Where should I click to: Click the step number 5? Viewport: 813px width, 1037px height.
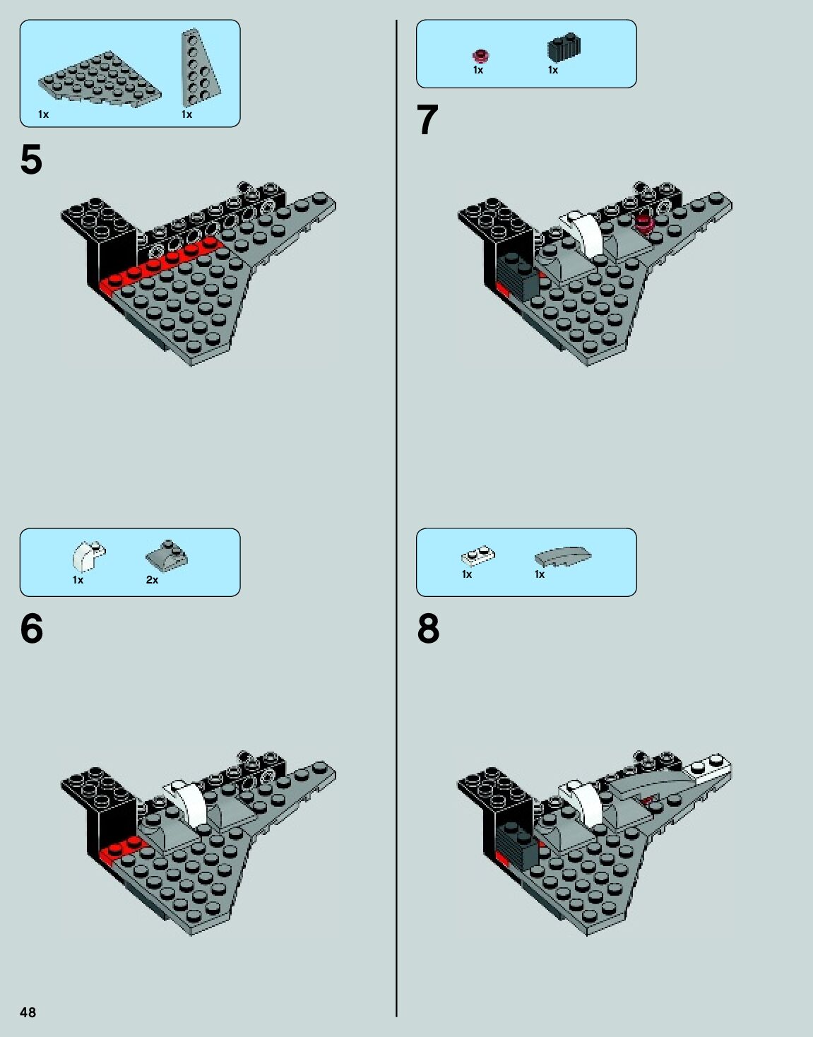tap(32, 160)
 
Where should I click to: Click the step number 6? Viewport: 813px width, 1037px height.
tap(32, 629)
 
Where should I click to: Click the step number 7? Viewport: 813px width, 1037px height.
tap(427, 120)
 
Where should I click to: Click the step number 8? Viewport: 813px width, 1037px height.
tap(428, 629)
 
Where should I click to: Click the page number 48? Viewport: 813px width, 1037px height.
tap(28, 1012)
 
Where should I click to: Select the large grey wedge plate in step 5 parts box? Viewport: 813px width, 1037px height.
tap(100, 80)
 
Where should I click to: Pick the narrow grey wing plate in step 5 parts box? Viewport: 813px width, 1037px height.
tap(201, 68)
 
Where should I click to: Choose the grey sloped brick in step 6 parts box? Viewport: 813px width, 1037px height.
tap(167, 556)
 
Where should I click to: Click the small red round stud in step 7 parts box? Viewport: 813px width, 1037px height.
tap(480, 57)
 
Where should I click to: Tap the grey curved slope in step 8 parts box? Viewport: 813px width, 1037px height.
tap(563, 555)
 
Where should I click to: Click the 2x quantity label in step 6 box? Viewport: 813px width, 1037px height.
tap(152, 580)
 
